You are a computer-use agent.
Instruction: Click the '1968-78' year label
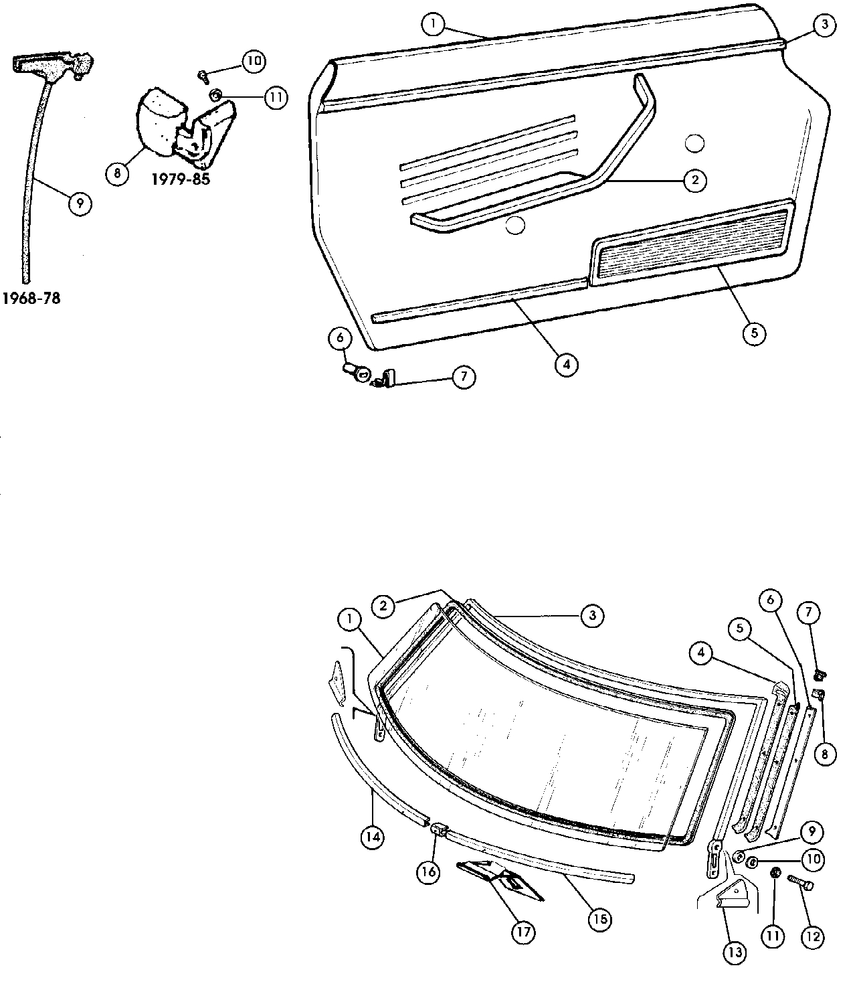31,299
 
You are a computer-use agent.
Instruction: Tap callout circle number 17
524,932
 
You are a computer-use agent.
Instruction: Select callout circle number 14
373,836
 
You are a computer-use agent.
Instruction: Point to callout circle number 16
429,871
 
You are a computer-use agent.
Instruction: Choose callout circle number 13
735,953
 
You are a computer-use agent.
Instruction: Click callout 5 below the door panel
754,333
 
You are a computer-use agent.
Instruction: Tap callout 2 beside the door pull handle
695,179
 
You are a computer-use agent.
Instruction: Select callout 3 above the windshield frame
592,616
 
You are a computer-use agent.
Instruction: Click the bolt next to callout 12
799,882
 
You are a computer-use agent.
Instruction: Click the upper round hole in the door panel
695,142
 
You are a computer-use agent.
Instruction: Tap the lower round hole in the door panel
514,226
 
